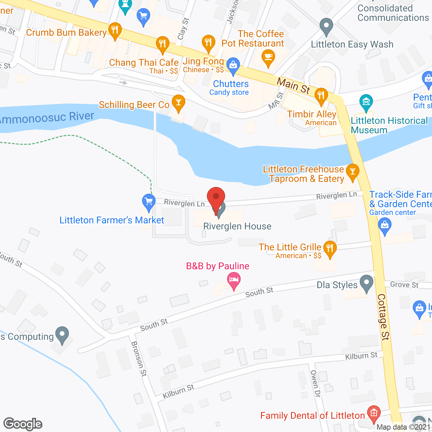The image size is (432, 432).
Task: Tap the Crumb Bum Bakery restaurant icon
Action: (x=115, y=30)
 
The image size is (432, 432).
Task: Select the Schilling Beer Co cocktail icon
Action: (x=178, y=102)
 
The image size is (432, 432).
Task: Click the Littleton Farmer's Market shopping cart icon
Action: (x=148, y=201)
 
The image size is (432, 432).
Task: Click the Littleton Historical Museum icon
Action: (x=366, y=102)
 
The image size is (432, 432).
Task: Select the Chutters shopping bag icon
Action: (x=233, y=65)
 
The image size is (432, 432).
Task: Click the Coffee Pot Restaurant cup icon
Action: (x=268, y=56)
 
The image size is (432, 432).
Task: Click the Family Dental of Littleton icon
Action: (x=374, y=413)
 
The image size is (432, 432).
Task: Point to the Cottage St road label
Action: (x=383, y=317)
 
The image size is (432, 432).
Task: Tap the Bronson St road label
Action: (x=139, y=358)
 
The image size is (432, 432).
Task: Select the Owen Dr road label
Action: (x=315, y=384)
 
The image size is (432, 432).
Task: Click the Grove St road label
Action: (x=404, y=285)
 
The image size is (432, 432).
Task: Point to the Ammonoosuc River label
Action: (x=47, y=118)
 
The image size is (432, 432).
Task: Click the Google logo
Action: (x=23, y=424)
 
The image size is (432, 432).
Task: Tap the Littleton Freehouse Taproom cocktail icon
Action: (x=352, y=171)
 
